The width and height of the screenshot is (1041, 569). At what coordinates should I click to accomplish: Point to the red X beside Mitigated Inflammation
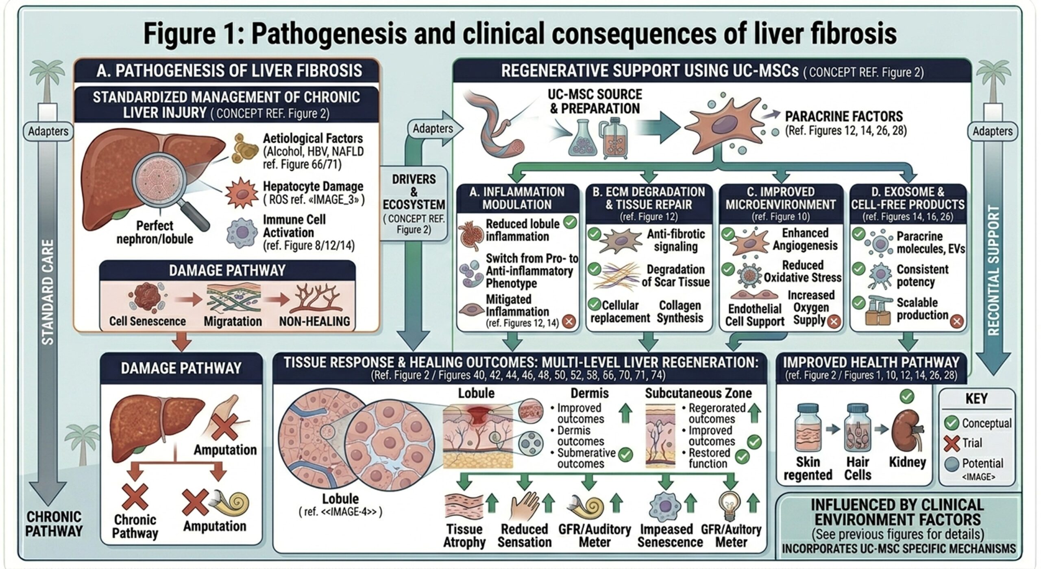(568, 322)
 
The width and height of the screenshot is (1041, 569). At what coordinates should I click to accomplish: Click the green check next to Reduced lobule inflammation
(570, 222)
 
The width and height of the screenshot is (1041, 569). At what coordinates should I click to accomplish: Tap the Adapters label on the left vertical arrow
(48, 131)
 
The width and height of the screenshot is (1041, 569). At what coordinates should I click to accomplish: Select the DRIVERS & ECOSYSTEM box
(414, 204)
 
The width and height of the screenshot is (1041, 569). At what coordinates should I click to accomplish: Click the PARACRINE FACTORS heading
(843, 116)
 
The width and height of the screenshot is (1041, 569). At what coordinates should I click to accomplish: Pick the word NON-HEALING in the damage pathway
(314, 322)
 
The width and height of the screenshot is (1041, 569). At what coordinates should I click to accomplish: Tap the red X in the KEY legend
(952, 443)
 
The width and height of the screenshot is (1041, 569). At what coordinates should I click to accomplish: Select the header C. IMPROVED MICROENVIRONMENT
(780, 198)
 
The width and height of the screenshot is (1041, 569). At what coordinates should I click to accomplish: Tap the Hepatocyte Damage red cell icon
(241, 193)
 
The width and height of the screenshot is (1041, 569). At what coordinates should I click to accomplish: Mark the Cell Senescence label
(147, 321)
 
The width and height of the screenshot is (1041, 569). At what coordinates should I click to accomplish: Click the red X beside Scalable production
(957, 322)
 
